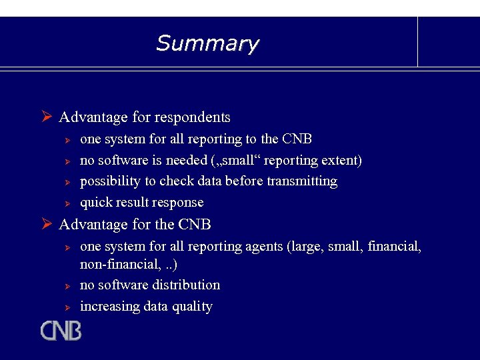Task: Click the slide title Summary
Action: point(207,44)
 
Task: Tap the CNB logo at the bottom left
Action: point(61,331)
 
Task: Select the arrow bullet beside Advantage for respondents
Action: point(47,117)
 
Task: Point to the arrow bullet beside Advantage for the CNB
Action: point(47,225)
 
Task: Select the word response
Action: point(178,203)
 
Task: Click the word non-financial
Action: point(117,265)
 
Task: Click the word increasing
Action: point(107,307)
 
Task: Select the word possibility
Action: point(109,181)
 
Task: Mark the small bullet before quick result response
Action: point(67,203)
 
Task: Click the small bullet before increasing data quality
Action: point(67,307)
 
